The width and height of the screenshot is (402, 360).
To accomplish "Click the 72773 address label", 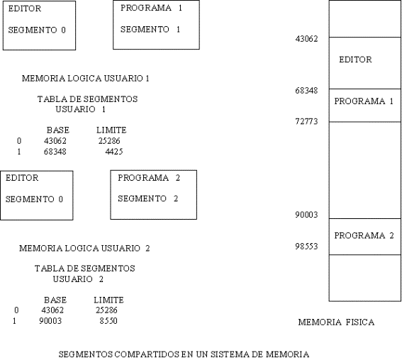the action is click(x=306, y=121).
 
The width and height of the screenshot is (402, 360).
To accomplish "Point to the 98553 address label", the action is click(x=306, y=246).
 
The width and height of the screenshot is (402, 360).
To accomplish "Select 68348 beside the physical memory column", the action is click(x=306, y=91).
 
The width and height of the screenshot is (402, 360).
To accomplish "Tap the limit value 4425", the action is click(x=114, y=152).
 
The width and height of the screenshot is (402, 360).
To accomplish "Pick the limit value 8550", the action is click(x=108, y=321).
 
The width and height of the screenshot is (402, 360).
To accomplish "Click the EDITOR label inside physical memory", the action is click(x=355, y=60).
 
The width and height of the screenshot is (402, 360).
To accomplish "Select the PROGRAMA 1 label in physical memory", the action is click(x=364, y=101).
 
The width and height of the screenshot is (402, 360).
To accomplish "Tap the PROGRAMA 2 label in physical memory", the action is click(x=364, y=235).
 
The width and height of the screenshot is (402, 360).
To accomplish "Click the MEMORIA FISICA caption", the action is click(x=336, y=322).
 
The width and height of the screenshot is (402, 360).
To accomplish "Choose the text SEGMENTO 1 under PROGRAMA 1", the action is click(x=150, y=30).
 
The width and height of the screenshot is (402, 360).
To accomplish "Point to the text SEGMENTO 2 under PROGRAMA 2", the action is click(x=147, y=198).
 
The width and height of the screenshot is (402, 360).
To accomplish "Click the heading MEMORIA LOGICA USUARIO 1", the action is click(x=85, y=79).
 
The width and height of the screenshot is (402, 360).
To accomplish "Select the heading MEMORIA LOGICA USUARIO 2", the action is click(x=84, y=248).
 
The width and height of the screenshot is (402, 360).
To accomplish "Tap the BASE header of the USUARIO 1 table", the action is click(x=58, y=130).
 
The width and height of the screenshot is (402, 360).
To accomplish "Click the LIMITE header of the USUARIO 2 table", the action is click(x=108, y=300).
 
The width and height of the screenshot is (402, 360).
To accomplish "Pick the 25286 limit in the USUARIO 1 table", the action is click(x=109, y=140).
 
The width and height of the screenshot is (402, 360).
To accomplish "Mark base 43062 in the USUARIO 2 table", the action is click(x=52, y=310).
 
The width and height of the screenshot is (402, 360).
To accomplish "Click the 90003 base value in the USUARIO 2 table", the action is click(x=50, y=321).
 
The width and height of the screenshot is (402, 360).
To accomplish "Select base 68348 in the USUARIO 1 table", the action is click(x=55, y=152).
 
